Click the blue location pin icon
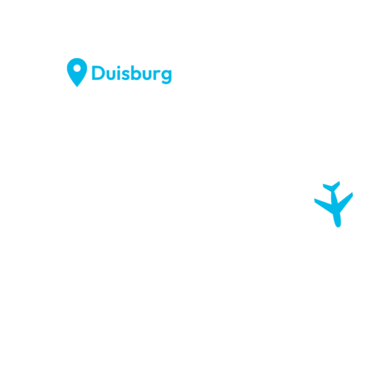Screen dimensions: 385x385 click(77, 71)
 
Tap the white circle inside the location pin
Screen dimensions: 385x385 click(77, 68)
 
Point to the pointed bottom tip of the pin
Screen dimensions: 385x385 click(77, 86)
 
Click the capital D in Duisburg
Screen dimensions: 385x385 click(99, 73)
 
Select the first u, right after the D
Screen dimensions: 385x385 click(111, 75)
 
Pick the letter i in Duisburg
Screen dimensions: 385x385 click(118, 73)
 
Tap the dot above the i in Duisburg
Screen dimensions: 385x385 click(118, 67)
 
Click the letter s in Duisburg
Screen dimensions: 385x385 click(126, 75)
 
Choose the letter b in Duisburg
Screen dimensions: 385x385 click(136, 73)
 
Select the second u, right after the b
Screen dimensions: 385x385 click(147, 75)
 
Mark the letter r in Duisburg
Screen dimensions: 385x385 click(157, 74)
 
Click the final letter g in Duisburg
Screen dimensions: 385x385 click(166, 76)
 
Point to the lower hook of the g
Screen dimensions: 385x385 click(166, 83)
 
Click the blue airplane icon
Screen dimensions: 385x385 click(333, 204)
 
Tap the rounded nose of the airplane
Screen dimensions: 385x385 click(338, 225)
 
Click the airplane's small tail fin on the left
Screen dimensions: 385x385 click(327, 187)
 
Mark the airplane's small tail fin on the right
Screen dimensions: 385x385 click(336, 186)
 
